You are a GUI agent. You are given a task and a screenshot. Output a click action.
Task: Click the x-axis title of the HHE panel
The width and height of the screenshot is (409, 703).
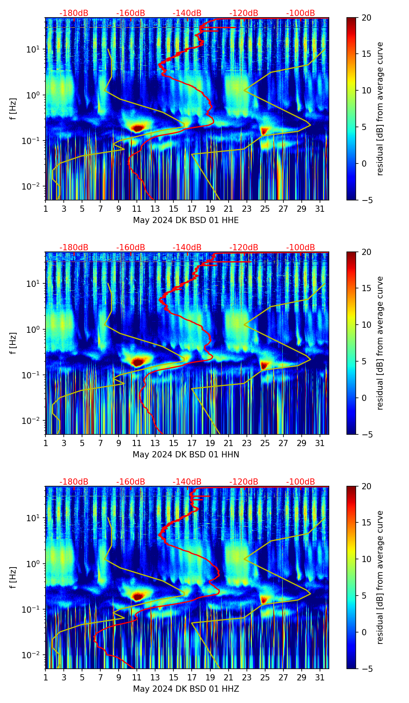(185, 220)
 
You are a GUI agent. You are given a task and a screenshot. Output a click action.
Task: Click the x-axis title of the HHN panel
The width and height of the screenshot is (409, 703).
(185, 455)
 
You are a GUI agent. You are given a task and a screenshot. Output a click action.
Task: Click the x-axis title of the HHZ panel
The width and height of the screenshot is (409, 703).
(185, 689)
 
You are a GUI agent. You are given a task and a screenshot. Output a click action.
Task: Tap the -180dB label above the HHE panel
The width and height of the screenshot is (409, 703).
(74, 13)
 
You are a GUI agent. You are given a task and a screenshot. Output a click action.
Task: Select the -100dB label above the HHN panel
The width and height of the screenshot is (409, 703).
(301, 248)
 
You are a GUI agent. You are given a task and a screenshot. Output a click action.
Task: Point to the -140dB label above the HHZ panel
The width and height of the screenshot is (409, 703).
(187, 482)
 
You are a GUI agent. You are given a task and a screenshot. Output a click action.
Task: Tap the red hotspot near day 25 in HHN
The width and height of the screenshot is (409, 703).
(264, 365)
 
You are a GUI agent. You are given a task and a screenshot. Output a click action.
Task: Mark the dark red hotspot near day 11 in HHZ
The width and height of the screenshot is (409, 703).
(137, 596)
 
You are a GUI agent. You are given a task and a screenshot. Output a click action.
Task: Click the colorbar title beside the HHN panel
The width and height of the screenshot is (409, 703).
(380, 343)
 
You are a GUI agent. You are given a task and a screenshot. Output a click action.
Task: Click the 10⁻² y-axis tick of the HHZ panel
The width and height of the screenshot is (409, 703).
(33, 655)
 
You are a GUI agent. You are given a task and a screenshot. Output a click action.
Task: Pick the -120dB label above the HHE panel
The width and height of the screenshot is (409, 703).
(244, 13)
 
